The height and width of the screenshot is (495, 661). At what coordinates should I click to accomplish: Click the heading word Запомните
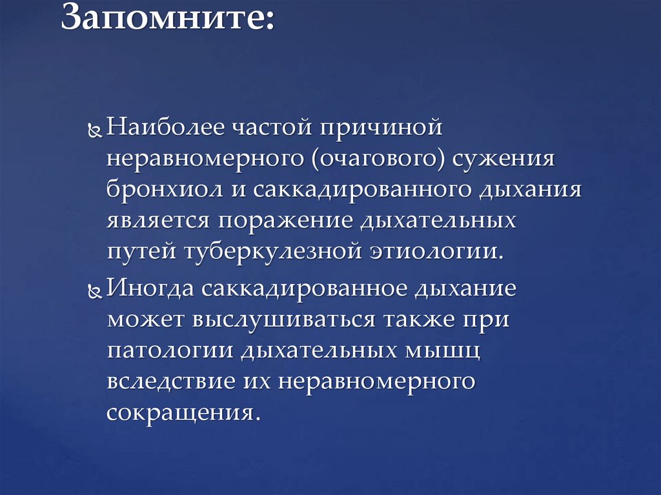pyautogui.click(x=166, y=20)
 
